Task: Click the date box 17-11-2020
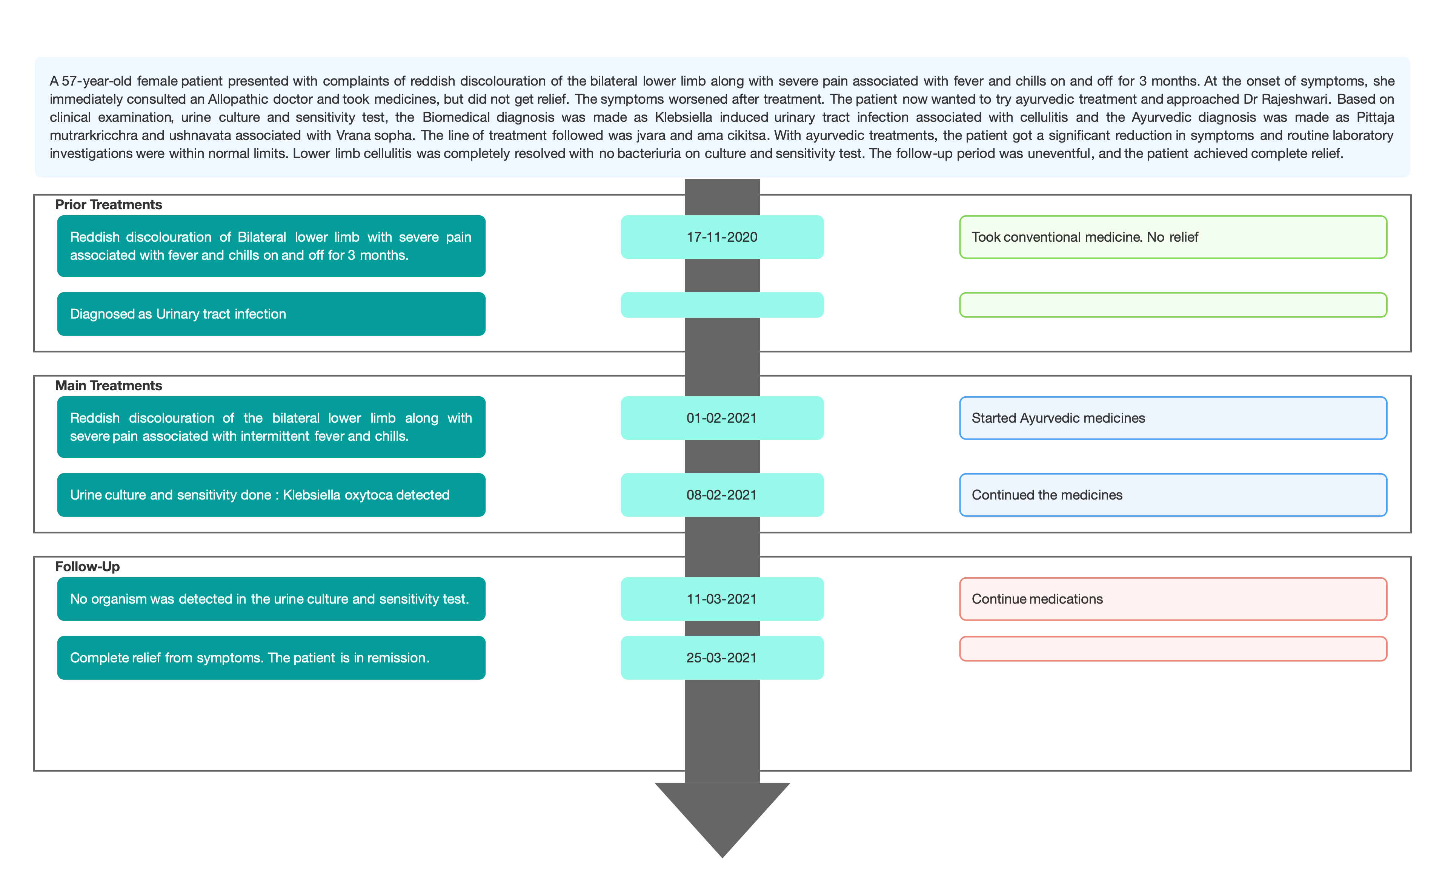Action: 722,237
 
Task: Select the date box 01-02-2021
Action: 722,418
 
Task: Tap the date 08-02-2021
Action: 722,495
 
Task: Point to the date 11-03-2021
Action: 722,599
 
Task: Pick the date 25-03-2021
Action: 722,658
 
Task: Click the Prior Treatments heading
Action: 109,204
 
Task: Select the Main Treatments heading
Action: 109,386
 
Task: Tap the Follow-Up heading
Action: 88,567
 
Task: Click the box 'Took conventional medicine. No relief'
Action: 1173,237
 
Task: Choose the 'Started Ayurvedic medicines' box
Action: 1173,418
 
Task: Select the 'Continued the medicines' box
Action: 1173,495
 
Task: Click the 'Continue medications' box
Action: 1173,599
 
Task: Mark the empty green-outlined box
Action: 1173,305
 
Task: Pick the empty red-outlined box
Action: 1173,649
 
